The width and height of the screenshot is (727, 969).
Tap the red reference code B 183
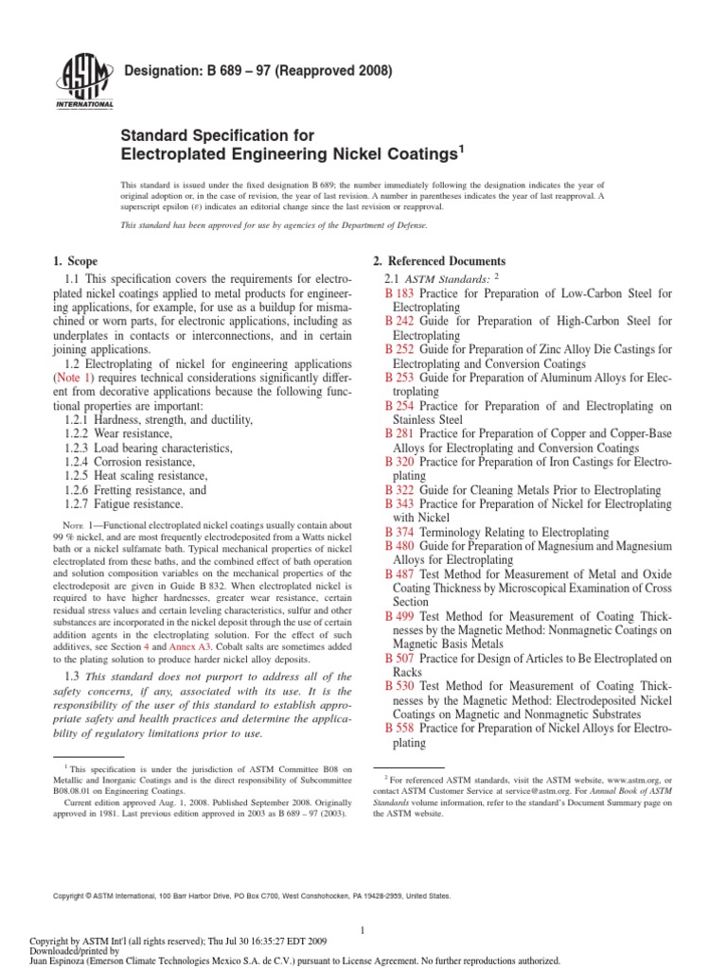(x=399, y=295)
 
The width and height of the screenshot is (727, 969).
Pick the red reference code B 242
(x=399, y=323)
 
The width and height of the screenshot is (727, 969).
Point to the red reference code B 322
(x=399, y=488)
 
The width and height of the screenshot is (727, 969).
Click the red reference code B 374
(x=399, y=533)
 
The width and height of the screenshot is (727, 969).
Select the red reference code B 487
(x=399, y=574)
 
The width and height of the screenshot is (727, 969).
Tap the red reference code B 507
(x=399, y=658)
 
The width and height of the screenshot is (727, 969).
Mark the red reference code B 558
(x=399, y=730)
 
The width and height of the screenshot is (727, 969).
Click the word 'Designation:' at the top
(x=156, y=71)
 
